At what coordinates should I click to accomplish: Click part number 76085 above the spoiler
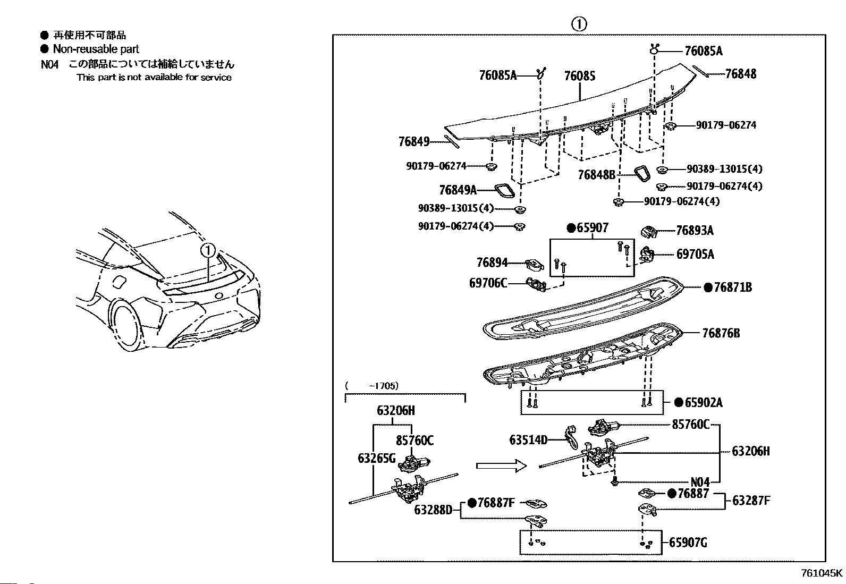pos(579,75)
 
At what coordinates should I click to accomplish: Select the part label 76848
pos(741,74)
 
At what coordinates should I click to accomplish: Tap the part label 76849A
pos(458,190)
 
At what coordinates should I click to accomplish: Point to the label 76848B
pos(596,174)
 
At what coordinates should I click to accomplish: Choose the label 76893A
pos(695,231)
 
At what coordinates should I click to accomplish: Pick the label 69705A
pos(695,255)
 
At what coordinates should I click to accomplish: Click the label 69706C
pos(488,283)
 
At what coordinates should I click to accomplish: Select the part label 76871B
pos(733,287)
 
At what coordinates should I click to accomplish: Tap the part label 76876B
pos(721,333)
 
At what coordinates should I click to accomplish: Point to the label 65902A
pos(703,402)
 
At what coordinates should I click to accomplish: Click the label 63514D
pos(528,440)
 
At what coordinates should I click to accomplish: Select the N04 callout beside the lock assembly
pos(699,482)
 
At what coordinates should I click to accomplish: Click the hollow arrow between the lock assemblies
pos(501,465)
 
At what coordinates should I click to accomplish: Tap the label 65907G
pos(688,543)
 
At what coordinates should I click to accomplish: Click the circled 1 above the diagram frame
pos(579,24)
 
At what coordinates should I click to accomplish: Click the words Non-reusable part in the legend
pos(96,49)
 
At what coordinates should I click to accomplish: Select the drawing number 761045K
pos(822,573)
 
